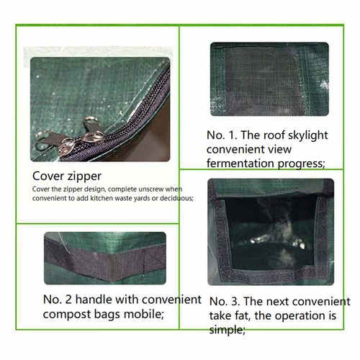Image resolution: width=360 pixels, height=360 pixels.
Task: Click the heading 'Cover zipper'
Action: [67, 176]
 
